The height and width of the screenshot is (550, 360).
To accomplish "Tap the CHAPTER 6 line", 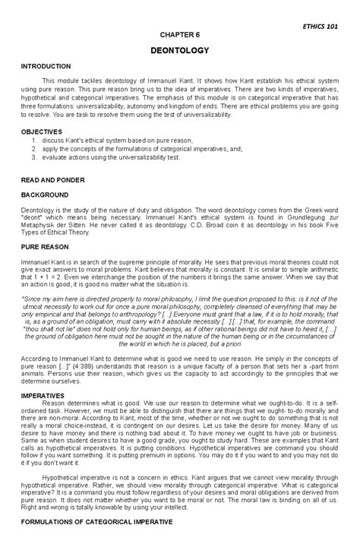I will pos(178,36).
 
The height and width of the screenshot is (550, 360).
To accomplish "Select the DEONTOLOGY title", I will pos(179,50).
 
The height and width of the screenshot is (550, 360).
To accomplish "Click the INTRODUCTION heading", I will pos(46,67).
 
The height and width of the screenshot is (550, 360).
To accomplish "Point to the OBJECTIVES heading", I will pos(41,132).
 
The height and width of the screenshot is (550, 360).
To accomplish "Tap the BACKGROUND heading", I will pos(45,195).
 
